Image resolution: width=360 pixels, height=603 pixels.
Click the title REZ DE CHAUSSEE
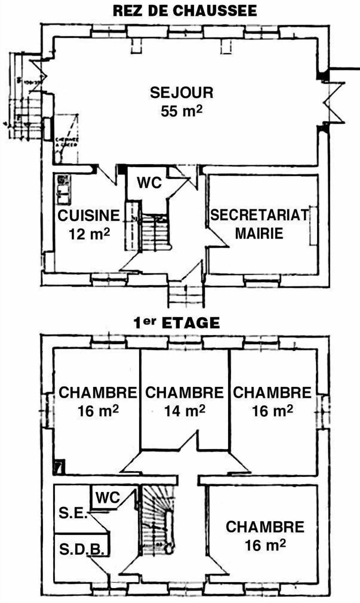pos(184,10)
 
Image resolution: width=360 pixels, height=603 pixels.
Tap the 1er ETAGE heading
pos(177,323)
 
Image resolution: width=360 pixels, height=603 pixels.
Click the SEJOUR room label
pos(181,93)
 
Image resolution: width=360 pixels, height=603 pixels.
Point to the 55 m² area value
pos(181,111)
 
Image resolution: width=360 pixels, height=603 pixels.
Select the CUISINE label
pos(88,216)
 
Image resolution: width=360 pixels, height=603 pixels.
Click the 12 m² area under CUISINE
pos(89,234)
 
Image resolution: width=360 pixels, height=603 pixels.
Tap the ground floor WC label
pos(149,183)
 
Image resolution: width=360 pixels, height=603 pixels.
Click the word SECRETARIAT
pos(259,215)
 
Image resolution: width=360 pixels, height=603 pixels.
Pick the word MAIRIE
pos(259,233)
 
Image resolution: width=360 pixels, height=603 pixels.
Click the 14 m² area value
pos(184,411)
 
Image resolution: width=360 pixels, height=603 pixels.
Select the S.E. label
pos(73,513)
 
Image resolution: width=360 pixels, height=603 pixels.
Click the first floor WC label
pos(107,498)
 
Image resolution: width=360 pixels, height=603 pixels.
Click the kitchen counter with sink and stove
pos(63,189)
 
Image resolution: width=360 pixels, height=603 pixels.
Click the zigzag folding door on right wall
pos(334,102)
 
